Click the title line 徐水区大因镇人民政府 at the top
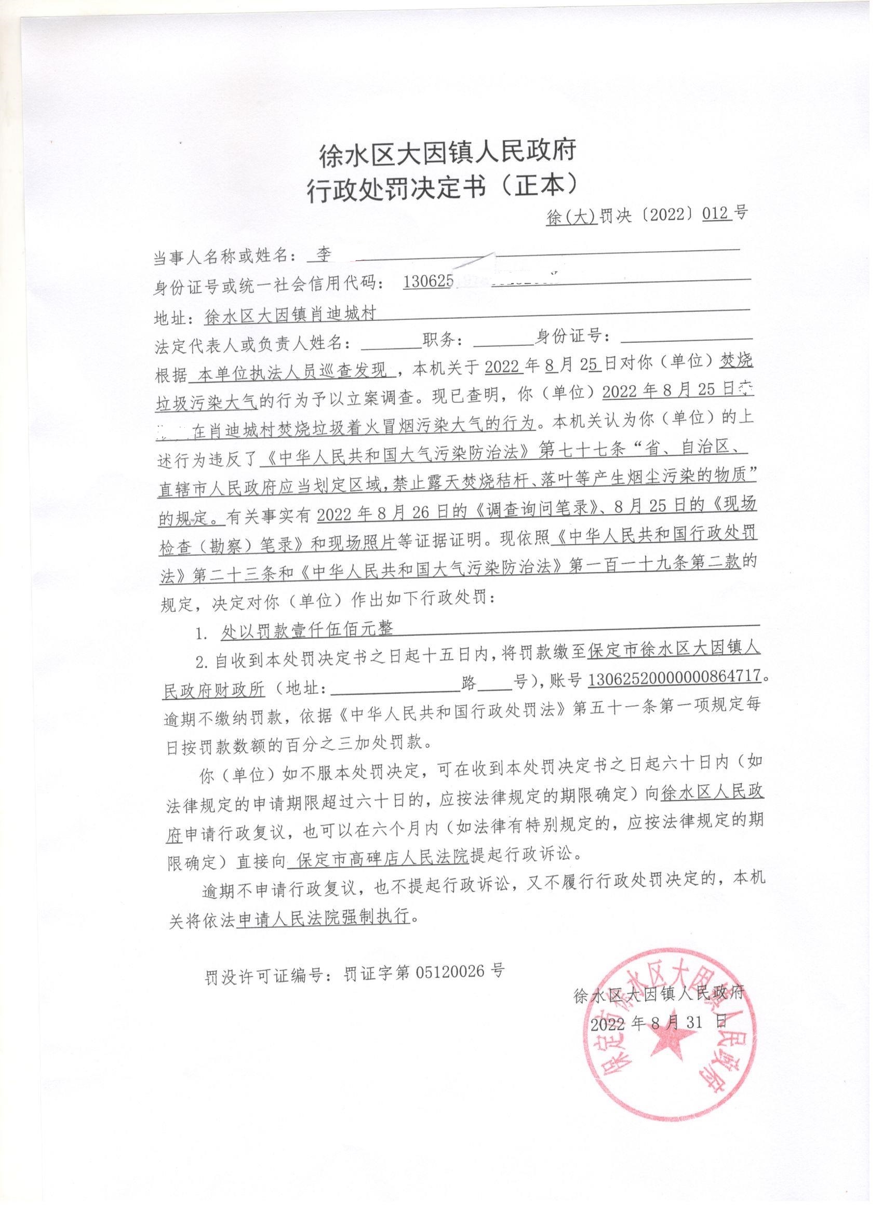(447, 152)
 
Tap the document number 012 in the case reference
(716, 214)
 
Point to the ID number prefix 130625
(428, 281)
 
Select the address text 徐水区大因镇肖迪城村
(290, 315)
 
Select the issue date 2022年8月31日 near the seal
(659, 1023)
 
